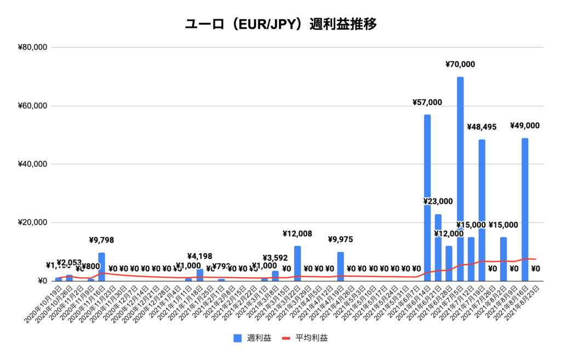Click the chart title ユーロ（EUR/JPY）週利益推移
pos(280,25)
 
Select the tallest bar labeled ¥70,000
pos(460,175)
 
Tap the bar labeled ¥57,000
pos(427,197)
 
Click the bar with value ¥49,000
pos(525,208)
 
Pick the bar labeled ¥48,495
pos(482,208)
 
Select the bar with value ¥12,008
pos(297,264)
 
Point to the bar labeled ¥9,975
pos(341,267)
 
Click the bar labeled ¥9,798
pos(101,267)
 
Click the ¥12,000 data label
pos(449,234)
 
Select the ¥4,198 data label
pos(199,256)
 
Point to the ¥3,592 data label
pos(275,258)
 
